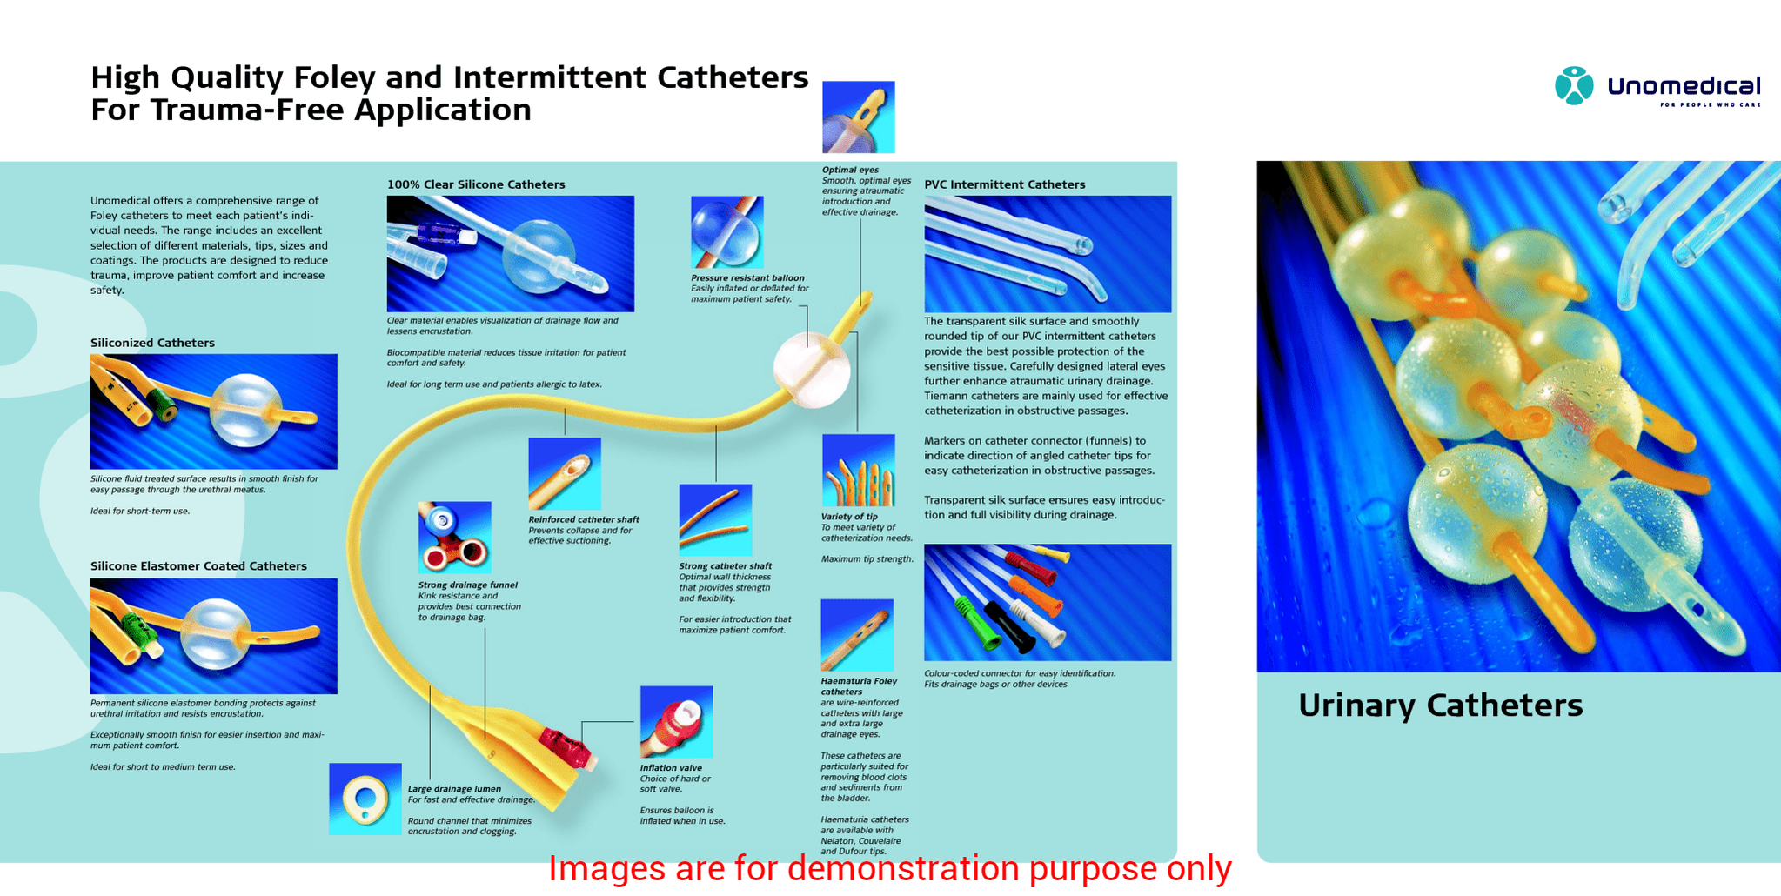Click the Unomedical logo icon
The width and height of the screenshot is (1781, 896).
coord(1573,86)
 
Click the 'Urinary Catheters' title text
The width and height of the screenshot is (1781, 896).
coord(1440,705)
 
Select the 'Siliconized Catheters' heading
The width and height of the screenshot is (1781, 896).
coord(152,343)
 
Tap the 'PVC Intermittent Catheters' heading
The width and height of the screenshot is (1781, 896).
coord(1004,184)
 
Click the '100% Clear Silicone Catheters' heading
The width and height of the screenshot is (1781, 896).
coord(476,184)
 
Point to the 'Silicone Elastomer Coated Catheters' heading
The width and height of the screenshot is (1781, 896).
coord(198,566)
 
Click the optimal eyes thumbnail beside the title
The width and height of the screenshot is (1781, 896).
coord(858,117)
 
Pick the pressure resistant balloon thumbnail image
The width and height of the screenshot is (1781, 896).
coord(726,232)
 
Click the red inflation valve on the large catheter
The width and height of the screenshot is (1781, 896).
coord(565,747)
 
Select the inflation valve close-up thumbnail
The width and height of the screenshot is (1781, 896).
coord(676,722)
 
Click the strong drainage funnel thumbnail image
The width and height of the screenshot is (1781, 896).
coord(454,538)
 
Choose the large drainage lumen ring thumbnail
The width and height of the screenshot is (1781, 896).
coord(365,799)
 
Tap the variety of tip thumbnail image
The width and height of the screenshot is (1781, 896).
coord(858,471)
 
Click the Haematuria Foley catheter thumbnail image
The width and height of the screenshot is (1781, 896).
coord(856,635)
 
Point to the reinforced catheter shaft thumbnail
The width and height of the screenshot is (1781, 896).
coord(564,474)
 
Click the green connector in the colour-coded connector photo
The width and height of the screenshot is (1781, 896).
coord(976,623)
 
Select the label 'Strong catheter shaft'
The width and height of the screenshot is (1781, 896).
coord(725,566)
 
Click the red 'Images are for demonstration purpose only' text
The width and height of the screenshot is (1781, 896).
coord(889,869)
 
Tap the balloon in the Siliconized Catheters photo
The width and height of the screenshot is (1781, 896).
coord(245,410)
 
